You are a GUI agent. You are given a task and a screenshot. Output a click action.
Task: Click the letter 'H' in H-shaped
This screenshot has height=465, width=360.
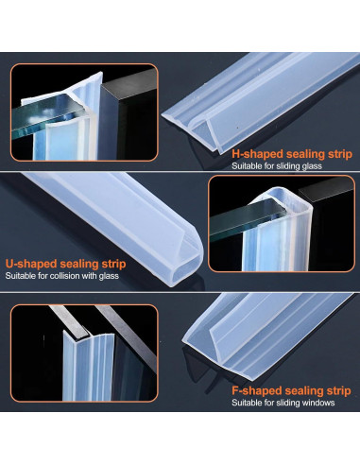click(x=236, y=151)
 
